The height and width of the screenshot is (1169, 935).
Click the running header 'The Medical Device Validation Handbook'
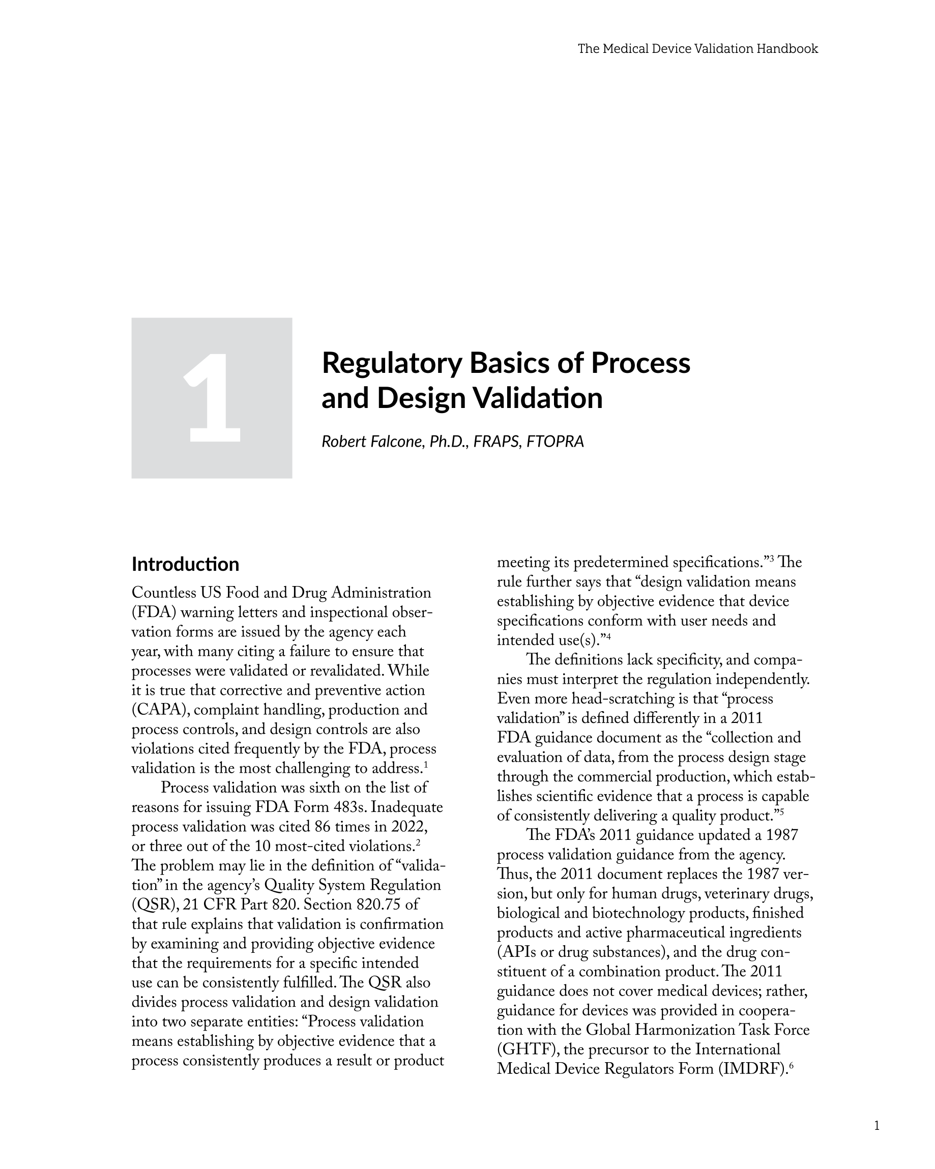[x=697, y=49]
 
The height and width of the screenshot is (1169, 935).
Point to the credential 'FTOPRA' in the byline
[x=556, y=442]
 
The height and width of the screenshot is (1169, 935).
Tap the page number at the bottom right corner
[x=876, y=1126]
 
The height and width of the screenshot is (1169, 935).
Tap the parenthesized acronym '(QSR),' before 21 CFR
[x=155, y=905]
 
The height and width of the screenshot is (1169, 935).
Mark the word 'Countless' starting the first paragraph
[x=163, y=593]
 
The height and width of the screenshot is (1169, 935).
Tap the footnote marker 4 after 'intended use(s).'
[x=609, y=636]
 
